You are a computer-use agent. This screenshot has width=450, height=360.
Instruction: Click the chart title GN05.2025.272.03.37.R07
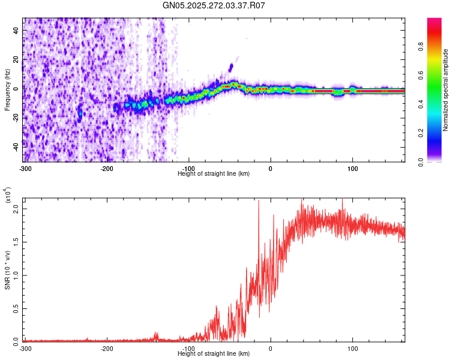(x=214, y=5)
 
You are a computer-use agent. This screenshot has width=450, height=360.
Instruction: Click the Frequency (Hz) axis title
(x=7, y=90)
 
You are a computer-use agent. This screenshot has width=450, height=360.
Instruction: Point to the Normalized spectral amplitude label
(x=445, y=90)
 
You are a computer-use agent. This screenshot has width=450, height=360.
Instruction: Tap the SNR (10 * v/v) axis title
(x=7, y=270)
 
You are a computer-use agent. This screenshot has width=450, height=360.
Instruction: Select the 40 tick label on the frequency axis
(x=16, y=31)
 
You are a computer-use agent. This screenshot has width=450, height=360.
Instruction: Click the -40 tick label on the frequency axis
(x=16, y=148)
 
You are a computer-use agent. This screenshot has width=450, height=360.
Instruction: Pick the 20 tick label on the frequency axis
(x=16, y=60)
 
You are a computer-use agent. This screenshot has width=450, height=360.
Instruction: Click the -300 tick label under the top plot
(x=25, y=169)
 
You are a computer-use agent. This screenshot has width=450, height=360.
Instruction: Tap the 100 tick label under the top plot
(x=352, y=169)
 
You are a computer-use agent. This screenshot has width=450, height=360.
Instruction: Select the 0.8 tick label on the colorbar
(x=421, y=47)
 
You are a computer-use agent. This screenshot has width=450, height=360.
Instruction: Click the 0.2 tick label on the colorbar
(x=421, y=133)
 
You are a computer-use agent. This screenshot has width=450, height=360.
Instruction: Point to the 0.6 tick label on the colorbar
(x=421, y=75)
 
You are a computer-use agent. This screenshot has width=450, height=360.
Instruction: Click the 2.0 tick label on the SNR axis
(x=16, y=209)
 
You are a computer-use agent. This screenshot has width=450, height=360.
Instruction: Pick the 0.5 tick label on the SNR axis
(x=16, y=308)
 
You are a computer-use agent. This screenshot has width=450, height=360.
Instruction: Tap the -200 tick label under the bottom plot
(x=107, y=349)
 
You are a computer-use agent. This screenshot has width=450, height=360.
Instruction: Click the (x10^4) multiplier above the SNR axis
(x=8, y=195)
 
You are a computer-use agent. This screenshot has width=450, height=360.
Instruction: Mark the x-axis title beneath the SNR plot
(x=214, y=353)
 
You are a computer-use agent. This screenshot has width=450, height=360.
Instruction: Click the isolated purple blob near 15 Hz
(x=231, y=68)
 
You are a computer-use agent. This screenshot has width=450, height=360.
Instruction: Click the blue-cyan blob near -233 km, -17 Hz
(x=80, y=113)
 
